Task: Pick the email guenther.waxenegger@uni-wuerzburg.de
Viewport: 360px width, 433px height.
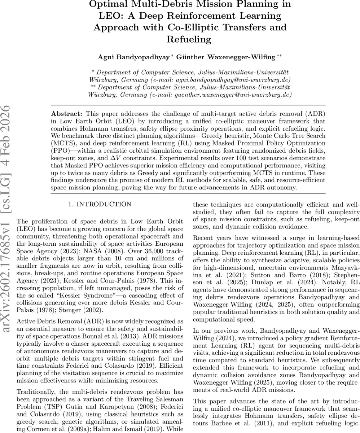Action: pos(233,95)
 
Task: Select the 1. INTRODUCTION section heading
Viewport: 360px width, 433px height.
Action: pos(100,205)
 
